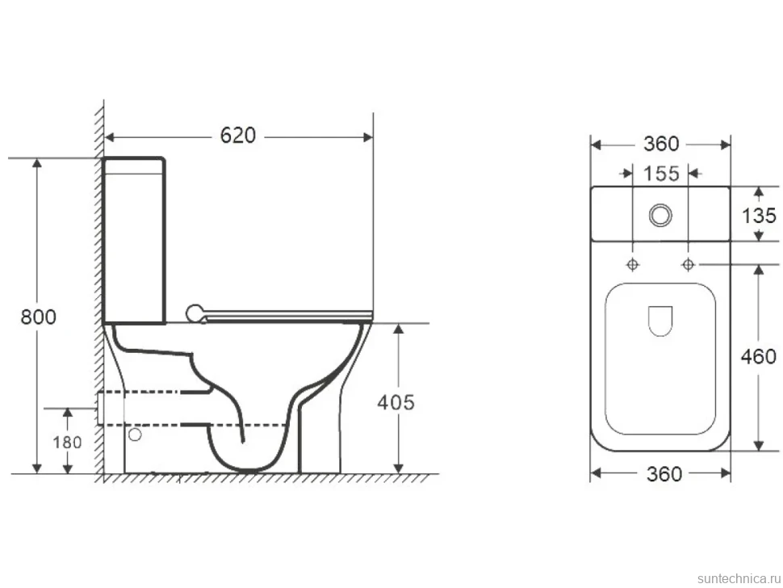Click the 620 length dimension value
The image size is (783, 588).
237,136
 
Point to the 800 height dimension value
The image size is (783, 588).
39,317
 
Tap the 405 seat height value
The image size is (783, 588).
396,402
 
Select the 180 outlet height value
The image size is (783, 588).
68,442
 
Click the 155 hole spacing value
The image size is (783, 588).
661,174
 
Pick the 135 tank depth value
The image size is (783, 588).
759,216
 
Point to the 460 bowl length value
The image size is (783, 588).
759,356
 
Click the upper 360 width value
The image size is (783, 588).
661,144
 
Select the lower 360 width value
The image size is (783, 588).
664,473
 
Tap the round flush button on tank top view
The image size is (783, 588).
660,216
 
